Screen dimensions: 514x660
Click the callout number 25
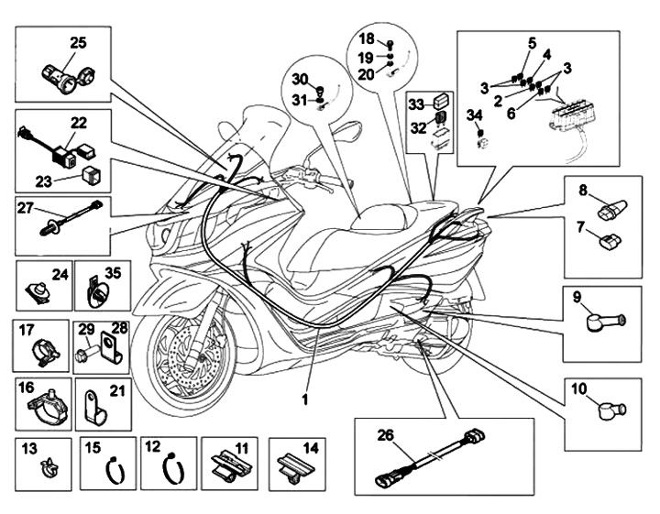(78, 42)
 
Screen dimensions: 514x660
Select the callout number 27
(25, 208)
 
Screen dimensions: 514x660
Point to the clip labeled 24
(38, 292)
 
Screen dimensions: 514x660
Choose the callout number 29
(83, 328)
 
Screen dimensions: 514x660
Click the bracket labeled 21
(93, 403)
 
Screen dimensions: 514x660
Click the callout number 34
(473, 115)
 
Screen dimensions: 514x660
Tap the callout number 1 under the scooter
(305, 399)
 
